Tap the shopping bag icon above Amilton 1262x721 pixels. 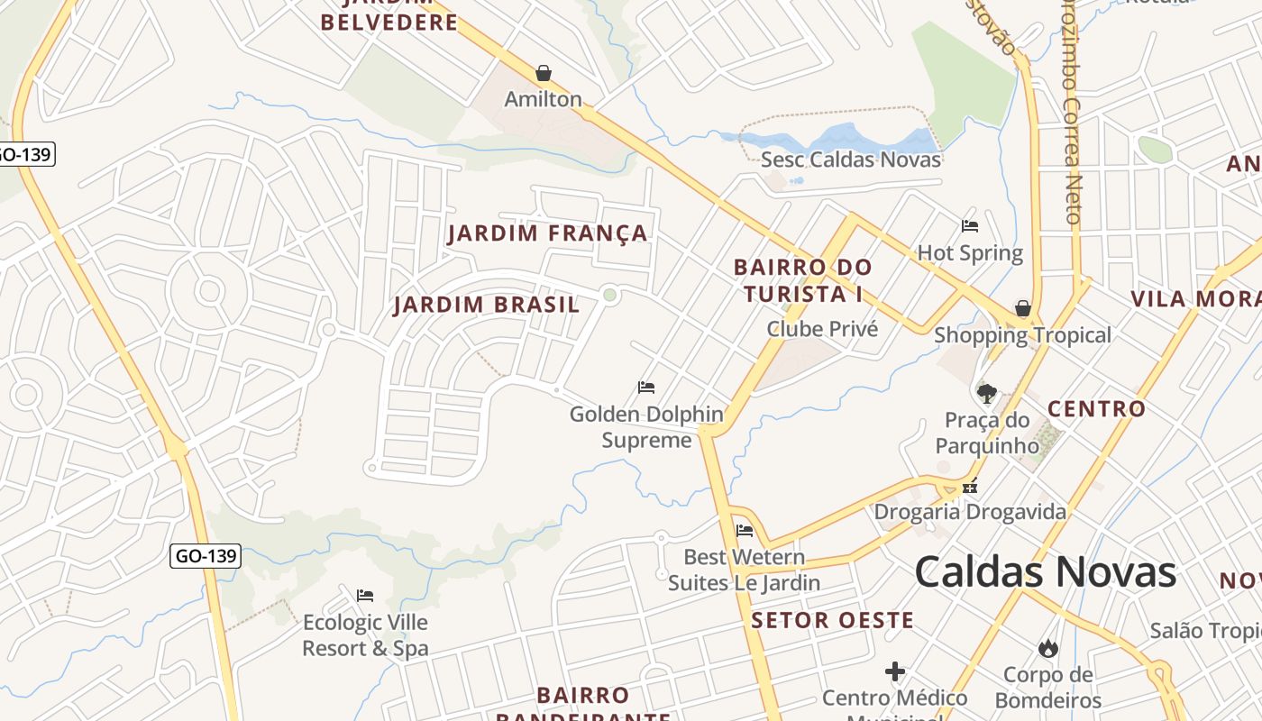544,73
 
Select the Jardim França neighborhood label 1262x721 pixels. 547,234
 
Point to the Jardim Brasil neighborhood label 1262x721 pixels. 487,305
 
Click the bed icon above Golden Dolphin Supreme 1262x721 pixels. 646,388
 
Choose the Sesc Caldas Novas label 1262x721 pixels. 851,160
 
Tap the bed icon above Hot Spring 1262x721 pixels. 970,226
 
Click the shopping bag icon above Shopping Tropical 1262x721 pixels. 1023,308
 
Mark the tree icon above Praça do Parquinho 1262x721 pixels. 987,393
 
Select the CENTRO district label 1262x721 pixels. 1096,409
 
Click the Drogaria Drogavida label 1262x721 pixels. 970,512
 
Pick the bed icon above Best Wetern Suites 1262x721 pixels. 745,530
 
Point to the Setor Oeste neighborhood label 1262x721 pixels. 832,620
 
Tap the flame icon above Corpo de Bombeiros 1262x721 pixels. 1047,648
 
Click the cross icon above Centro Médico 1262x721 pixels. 895,671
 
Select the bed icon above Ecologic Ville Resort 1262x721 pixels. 365,596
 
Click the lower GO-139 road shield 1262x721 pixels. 206,556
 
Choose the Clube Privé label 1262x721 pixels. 822,329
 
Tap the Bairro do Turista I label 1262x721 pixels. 802,280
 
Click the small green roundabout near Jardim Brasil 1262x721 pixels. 610,295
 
